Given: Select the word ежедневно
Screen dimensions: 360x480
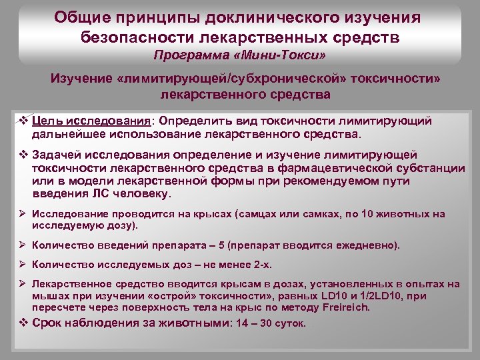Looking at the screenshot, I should [363, 245].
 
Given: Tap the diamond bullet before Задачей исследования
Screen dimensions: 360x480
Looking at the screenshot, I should [23, 155].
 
